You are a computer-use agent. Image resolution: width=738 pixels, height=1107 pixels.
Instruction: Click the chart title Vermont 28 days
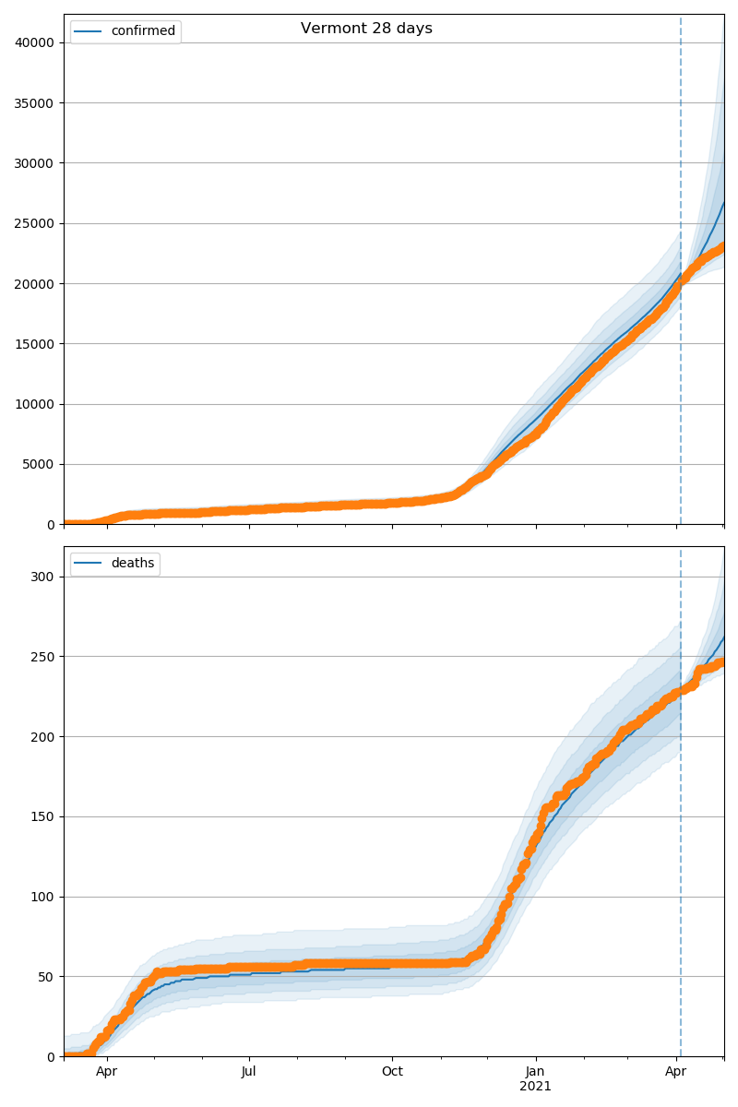(366, 29)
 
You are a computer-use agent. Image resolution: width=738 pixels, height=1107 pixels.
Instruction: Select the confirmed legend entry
(142, 31)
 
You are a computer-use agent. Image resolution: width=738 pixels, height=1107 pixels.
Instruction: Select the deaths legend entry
(132, 564)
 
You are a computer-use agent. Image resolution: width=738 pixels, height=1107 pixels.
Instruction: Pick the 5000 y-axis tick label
(40, 465)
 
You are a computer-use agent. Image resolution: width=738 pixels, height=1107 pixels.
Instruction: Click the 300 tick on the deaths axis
(43, 577)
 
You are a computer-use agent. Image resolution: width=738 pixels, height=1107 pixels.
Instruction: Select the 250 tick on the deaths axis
(43, 657)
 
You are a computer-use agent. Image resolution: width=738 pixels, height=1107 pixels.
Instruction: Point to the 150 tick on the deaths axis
(43, 816)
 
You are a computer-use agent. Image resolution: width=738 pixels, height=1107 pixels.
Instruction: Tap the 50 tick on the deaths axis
(47, 976)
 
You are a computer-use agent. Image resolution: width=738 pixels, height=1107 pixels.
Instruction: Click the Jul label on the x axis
(249, 1072)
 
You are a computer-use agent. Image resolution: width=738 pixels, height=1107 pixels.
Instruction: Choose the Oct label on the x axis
(392, 1072)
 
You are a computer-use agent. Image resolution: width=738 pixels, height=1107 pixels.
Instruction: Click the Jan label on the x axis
(535, 1072)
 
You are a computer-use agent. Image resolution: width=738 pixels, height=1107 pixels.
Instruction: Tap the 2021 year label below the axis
(535, 1087)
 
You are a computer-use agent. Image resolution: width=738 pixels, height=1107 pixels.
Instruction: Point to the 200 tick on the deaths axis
(43, 736)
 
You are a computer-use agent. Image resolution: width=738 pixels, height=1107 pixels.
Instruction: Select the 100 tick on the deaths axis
(43, 897)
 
